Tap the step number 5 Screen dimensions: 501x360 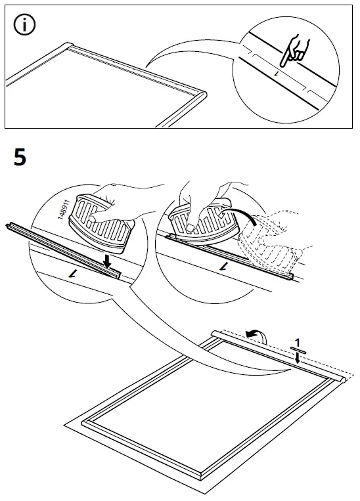20,158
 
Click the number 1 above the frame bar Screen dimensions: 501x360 298,343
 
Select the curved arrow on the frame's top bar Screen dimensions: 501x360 256,335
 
